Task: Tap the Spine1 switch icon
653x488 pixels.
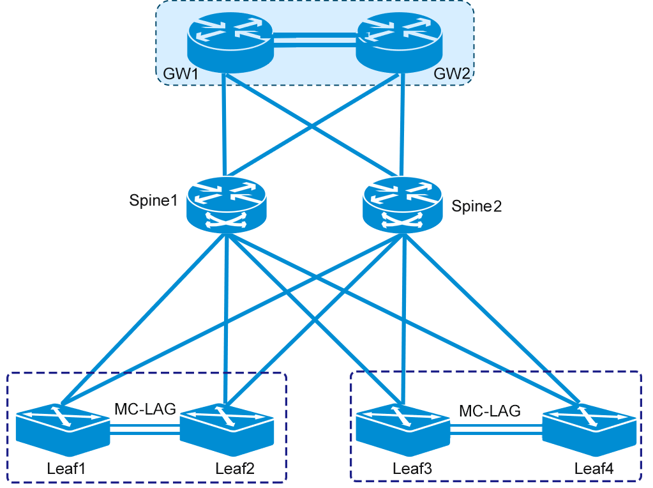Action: tap(226, 204)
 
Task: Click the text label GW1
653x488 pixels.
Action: tap(181, 73)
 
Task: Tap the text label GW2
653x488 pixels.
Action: tap(452, 73)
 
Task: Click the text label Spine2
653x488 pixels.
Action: tap(476, 206)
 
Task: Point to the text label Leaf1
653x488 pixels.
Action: tap(66, 468)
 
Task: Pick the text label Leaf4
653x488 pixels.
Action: tap(594, 468)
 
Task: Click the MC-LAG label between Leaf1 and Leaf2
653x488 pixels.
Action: tap(145, 409)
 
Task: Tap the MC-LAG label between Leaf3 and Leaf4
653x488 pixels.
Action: tap(490, 410)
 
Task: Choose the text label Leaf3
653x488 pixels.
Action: tap(412, 468)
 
